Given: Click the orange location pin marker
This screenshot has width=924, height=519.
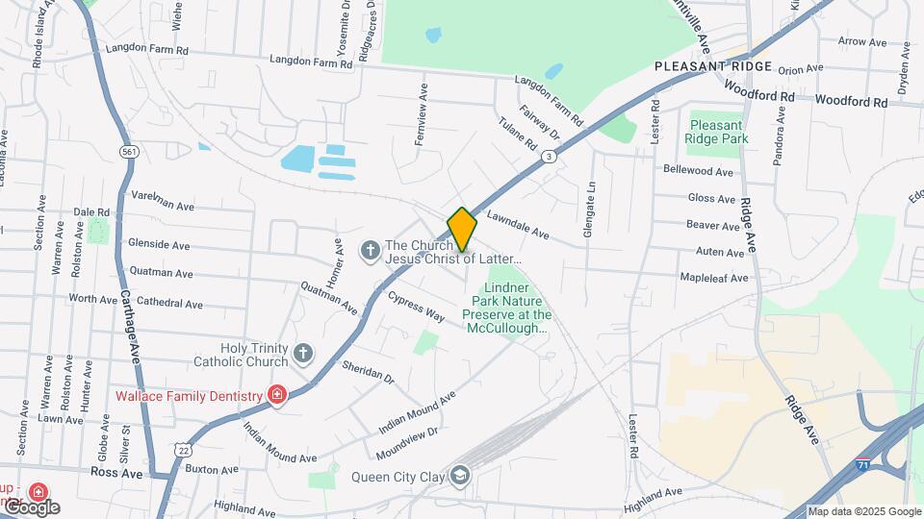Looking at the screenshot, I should [x=462, y=230].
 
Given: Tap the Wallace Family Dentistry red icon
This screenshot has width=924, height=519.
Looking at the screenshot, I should [x=277, y=395].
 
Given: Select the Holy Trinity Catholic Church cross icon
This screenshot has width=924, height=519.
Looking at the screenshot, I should [x=303, y=354].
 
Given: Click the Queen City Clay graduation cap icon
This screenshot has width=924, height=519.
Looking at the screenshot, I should [x=460, y=476].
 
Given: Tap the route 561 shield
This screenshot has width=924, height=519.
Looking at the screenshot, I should [x=128, y=152].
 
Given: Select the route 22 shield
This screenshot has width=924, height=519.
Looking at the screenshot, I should [x=183, y=449].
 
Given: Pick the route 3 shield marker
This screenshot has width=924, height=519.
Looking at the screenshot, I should [x=549, y=156].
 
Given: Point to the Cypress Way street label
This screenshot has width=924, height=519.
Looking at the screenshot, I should [x=416, y=307].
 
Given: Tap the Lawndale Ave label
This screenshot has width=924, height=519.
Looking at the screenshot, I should [x=518, y=226].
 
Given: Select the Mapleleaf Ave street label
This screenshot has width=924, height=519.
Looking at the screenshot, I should [x=713, y=279].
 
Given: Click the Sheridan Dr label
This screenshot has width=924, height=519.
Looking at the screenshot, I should [x=368, y=372].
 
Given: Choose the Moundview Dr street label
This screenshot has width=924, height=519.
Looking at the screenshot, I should [x=405, y=441].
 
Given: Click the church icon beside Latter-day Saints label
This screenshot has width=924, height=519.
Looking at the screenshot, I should [x=369, y=252].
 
